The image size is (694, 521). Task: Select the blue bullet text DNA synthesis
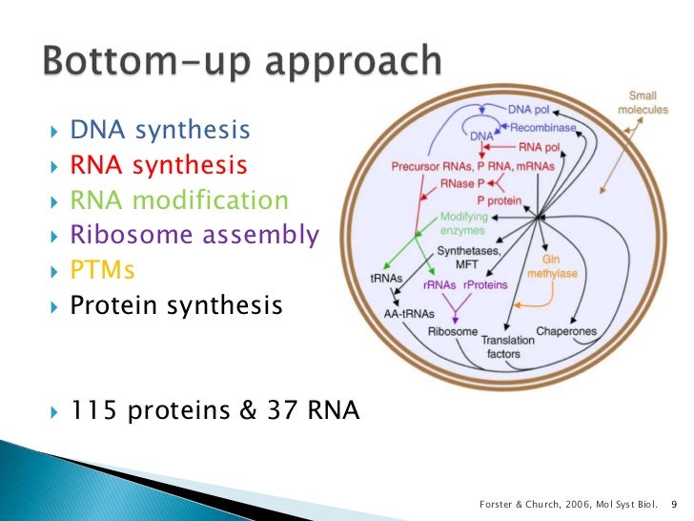point(160,130)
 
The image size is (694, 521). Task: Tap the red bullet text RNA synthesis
point(158,165)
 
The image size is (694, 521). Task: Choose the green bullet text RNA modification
point(178,200)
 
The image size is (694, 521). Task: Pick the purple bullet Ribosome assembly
point(194,236)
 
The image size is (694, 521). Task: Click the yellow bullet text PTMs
point(103,271)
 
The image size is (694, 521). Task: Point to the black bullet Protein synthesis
point(176,305)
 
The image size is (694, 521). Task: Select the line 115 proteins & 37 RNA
point(214,411)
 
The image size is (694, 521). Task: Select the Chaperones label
point(566,331)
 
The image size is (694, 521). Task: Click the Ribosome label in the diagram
point(453,331)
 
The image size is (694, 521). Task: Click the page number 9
point(674,503)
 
